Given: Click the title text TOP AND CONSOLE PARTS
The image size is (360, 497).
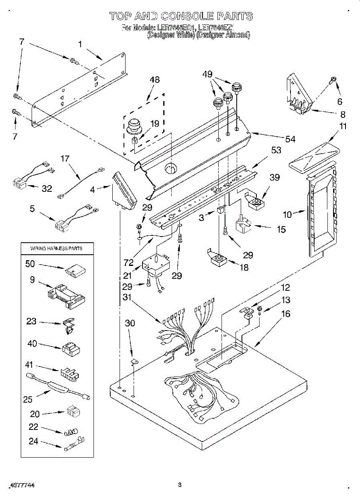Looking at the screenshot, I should [x=181, y=17].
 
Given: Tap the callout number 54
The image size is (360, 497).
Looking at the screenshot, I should [x=290, y=139].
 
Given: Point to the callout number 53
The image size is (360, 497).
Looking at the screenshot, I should [x=276, y=150].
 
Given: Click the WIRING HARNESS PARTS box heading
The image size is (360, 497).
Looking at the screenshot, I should [x=56, y=248].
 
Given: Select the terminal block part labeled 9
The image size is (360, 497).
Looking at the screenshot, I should [x=66, y=295].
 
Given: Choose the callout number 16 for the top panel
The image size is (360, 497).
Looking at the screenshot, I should [x=285, y=314].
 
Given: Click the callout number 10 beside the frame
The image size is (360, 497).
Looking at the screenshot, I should [x=288, y=214].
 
